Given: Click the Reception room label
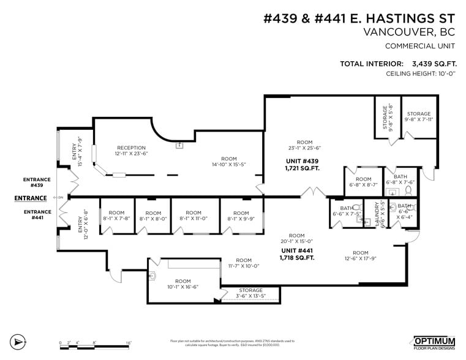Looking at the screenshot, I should point(132,151).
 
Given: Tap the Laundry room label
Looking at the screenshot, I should point(383,214).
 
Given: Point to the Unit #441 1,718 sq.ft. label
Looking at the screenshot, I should point(297,254).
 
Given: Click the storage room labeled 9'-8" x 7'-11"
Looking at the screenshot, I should point(419,117).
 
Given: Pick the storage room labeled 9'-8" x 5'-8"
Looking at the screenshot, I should point(387,118).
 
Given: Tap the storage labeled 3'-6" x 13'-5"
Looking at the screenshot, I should point(250,293).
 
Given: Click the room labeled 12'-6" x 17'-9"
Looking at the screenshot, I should point(360,256).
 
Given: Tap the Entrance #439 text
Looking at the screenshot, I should point(36,182).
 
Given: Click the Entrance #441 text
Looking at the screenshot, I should point(36,214).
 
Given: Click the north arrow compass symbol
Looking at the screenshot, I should point(18,341).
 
